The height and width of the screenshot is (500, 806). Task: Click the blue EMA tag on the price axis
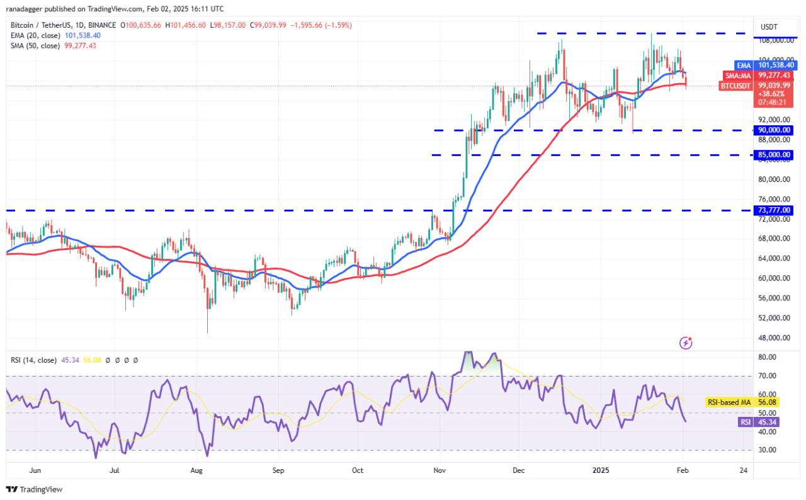[x=744, y=65]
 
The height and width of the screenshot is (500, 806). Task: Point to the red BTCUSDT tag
[x=735, y=85]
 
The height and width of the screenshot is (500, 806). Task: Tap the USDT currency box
[x=769, y=27]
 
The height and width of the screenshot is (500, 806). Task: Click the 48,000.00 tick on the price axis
[x=775, y=338]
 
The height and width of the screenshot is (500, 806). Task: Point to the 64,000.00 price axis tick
[x=775, y=258]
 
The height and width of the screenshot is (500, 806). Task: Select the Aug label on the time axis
[x=196, y=470]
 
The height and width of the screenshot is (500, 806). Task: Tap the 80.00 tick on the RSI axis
[x=768, y=357]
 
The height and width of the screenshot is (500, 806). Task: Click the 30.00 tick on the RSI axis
[x=768, y=450]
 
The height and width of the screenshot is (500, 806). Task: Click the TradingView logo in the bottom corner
[x=35, y=489]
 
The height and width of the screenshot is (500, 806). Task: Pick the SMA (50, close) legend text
[x=35, y=45]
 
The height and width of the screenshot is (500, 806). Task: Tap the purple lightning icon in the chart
[x=686, y=343]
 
